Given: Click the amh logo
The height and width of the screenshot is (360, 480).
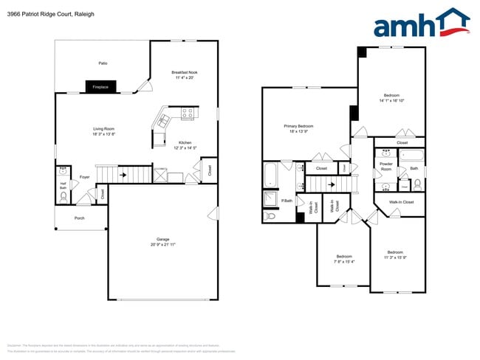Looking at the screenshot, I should pyautogui.click(x=420, y=24).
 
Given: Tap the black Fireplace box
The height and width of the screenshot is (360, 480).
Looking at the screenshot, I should pyautogui.click(x=100, y=87).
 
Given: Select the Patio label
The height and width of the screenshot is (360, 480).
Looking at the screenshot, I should pyautogui.click(x=103, y=63).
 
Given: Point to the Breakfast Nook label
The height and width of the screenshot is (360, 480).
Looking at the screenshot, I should pyautogui.click(x=184, y=72).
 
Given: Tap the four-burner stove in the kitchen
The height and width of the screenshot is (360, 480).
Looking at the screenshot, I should pyautogui.click(x=187, y=114).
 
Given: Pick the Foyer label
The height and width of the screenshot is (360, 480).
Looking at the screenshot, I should pyautogui.click(x=84, y=177).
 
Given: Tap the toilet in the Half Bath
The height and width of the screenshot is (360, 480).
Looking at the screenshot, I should pyautogui.click(x=64, y=197).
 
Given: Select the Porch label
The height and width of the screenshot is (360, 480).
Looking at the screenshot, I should pyautogui.click(x=79, y=218).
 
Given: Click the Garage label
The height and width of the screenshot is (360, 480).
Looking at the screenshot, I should pyautogui.click(x=163, y=239).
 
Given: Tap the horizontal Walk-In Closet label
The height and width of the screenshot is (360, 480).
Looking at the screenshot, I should pyautogui.click(x=401, y=201).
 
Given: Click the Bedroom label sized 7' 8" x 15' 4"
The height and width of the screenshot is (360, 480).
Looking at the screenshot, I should pyautogui.click(x=344, y=257).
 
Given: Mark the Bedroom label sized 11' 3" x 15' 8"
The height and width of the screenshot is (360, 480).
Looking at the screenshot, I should pyautogui.click(x=395, y=253).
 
